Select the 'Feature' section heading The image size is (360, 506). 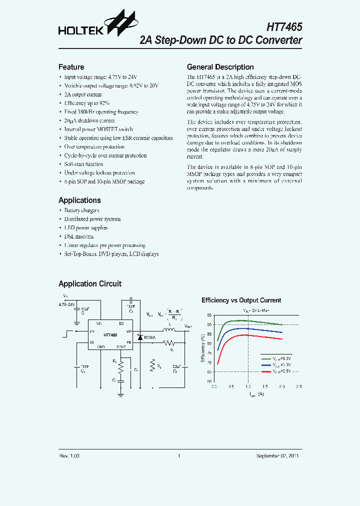71,67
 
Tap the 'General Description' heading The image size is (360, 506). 220,67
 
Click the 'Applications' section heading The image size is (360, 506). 79,200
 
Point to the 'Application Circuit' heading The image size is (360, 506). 90,283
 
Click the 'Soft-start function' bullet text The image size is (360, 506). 84,164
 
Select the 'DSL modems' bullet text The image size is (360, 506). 79,236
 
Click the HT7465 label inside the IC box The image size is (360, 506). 110,335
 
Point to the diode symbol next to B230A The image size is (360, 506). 139,337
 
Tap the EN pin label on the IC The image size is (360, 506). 92,331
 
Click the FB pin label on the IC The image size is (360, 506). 128,342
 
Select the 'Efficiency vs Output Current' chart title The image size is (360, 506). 241,300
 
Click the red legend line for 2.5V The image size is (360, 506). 265,371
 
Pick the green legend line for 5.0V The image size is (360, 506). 265,358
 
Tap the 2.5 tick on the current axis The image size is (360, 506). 298,387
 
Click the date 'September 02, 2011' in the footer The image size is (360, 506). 277,456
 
